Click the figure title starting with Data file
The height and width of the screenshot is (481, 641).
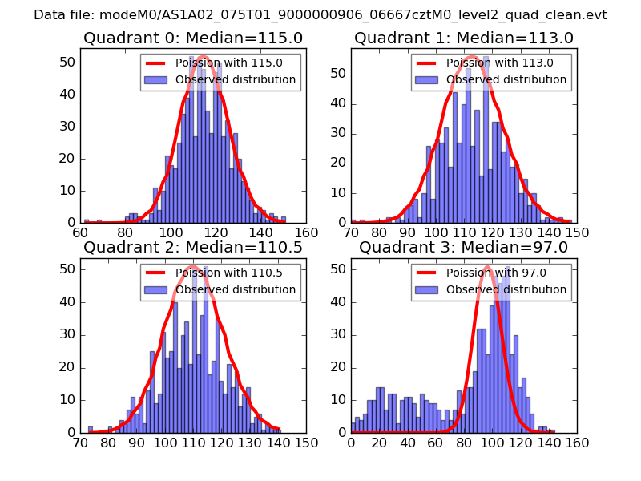pyautogui.click(x=320, y=15)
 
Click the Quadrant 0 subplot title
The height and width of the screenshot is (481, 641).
pyautogui.click(x=192, y=38)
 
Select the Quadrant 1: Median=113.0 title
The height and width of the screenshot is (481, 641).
pyautogui.click(x=464, y=38)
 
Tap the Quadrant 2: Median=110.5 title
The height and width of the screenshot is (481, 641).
pyautogui.click(x=192, y=247)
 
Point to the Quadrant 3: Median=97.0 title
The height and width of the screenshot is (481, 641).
pyautogui.click(x=464, y=247)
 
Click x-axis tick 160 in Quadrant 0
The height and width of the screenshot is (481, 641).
pyautogui.click(x=305, y=232)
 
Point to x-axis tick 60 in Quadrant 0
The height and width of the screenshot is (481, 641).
pyautogui.click(x=80, y=232)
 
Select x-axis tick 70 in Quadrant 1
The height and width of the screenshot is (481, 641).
pyautogui.click(x=351, y=232)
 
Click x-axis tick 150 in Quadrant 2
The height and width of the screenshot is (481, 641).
pyautogui.click(x=305, y=442)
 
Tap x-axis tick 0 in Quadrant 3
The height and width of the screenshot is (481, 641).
pyautogui.click(x=351, y=442)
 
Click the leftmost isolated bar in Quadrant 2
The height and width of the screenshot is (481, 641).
pyautogui.click(x=91, y=429)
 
